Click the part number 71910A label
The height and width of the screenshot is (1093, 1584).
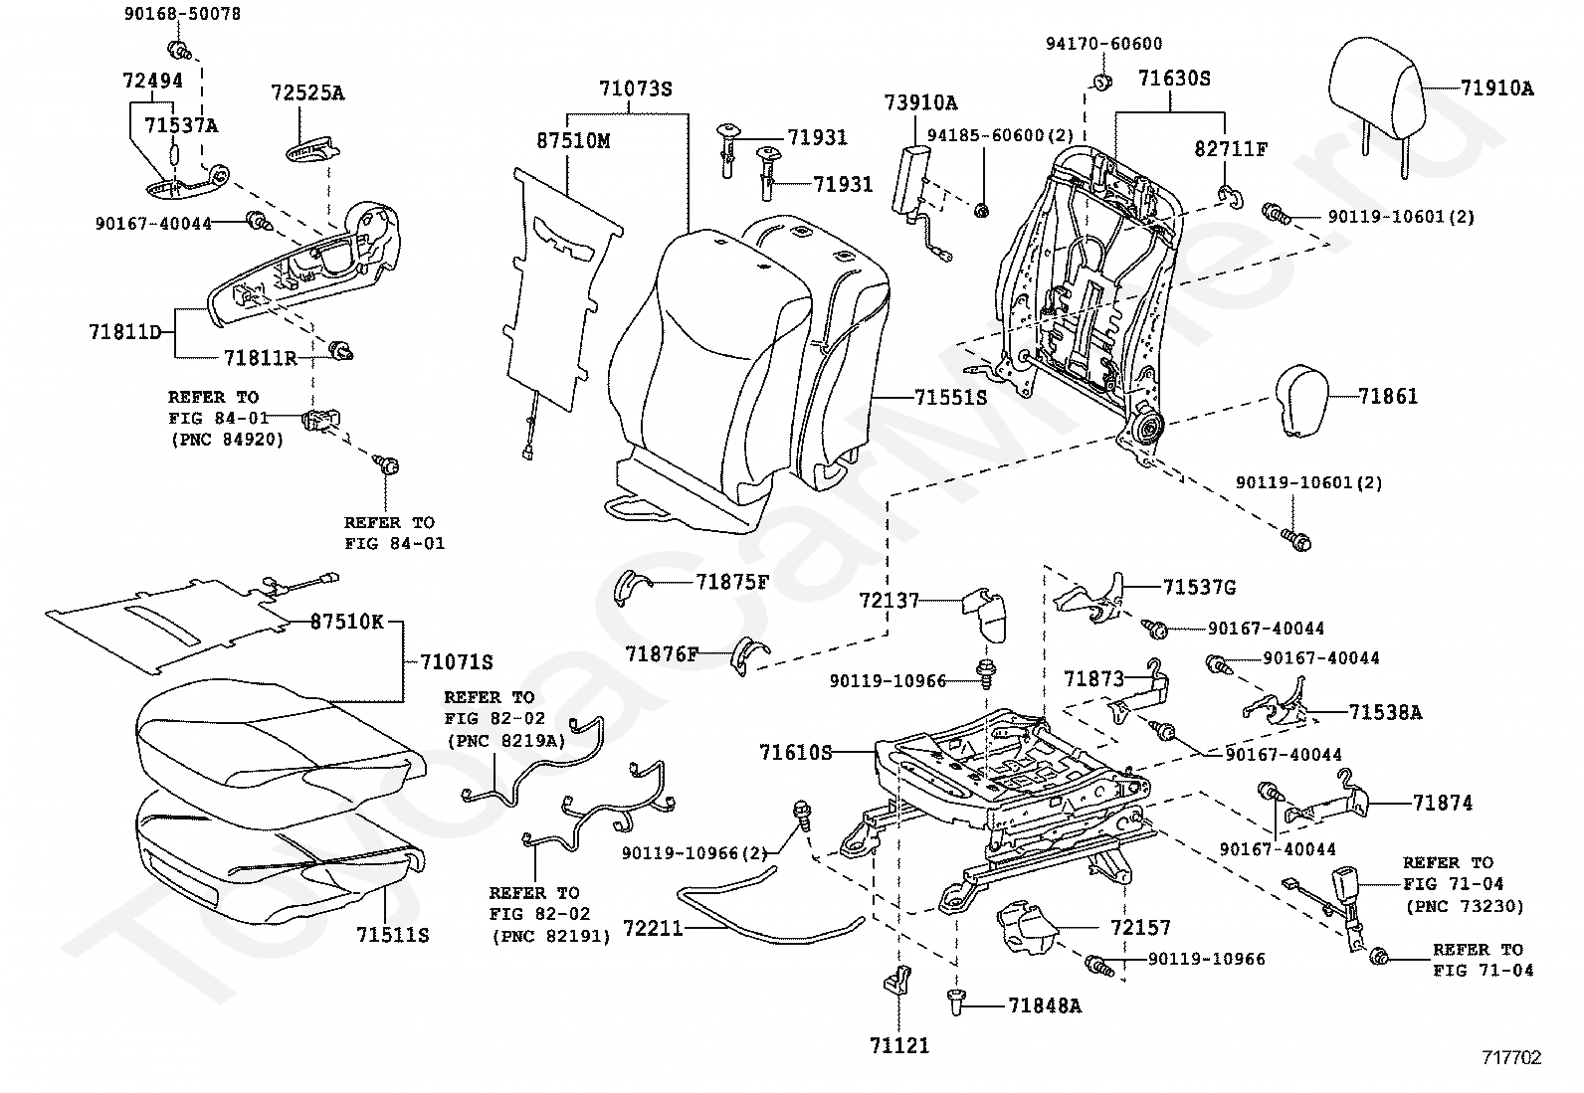coord(1497,89)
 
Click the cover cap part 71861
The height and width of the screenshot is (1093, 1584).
coord(1309,401)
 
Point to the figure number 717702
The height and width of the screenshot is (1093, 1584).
coord(1511,1058)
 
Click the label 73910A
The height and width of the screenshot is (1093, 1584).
coord(920,102)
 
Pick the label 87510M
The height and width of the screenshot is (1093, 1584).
coord(573,141)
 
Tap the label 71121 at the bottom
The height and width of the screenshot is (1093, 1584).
coord(898,1045)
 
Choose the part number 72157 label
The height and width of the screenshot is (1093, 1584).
coord(1141,928)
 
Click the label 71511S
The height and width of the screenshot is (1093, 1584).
coord(392,935)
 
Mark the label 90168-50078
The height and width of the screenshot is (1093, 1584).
coord(168,15)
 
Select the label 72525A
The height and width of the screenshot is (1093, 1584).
coord(307,92)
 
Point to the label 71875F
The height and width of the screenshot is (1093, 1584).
coord(732,582)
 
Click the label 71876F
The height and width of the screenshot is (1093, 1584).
coord(662,653)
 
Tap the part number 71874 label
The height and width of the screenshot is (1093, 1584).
coord(1443,803)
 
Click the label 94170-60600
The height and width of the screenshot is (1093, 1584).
coord(1103,44)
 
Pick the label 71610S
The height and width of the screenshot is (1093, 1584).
coord(796,752)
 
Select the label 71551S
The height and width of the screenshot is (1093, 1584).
coord(951,397)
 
